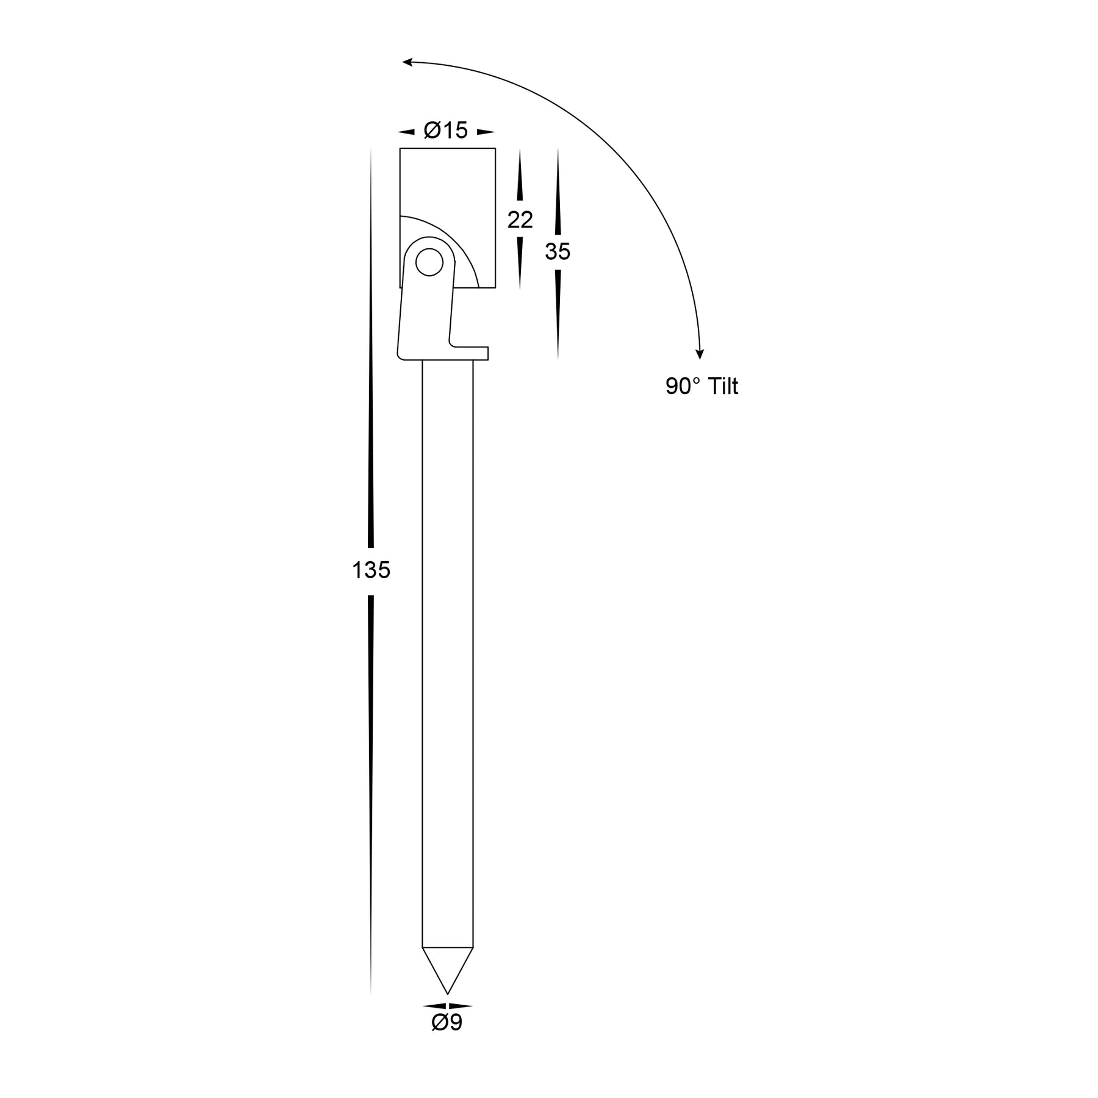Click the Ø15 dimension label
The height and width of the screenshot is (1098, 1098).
[x=446, y=131]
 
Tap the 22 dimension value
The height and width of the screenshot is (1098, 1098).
[x=520, y=220]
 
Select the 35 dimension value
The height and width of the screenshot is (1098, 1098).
[x=558, y=251]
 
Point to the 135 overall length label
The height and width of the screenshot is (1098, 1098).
[x=371, y=570]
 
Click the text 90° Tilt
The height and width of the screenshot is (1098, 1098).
[x=701, y=386]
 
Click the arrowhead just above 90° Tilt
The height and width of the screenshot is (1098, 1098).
[x=700, y=354]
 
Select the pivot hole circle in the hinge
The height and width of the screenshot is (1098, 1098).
[x=429, y=262]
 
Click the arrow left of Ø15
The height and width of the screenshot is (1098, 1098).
[x=406, y=132]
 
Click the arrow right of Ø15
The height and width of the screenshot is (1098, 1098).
[x=486, y=132]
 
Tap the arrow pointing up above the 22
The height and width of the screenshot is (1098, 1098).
[x=520, y=177]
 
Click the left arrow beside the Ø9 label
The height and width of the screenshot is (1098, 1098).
[x=434, y=1006]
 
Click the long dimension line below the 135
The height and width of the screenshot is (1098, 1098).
[x=371, y=793]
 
